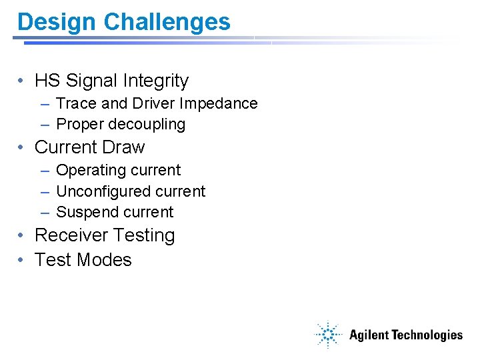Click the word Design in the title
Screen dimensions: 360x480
tap(57, 22)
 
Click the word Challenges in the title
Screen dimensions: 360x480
tap(167, 22)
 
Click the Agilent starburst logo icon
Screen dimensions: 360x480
tap(328, 335)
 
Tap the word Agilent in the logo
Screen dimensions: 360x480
tap(369, 335)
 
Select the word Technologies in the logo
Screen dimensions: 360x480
tap(427, 335)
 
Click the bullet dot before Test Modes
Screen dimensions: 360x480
tap(22, 260)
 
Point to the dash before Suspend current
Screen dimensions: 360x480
tap(44, 213)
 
